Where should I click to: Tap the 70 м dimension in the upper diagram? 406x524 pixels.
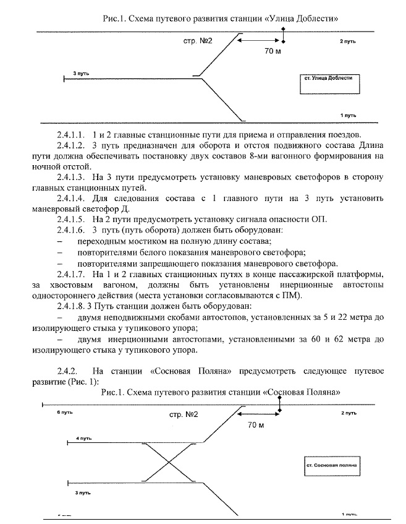tap(272, 50)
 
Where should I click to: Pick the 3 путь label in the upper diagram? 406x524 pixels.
tap(81, 73)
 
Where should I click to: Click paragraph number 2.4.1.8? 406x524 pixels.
tap(72, 306)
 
